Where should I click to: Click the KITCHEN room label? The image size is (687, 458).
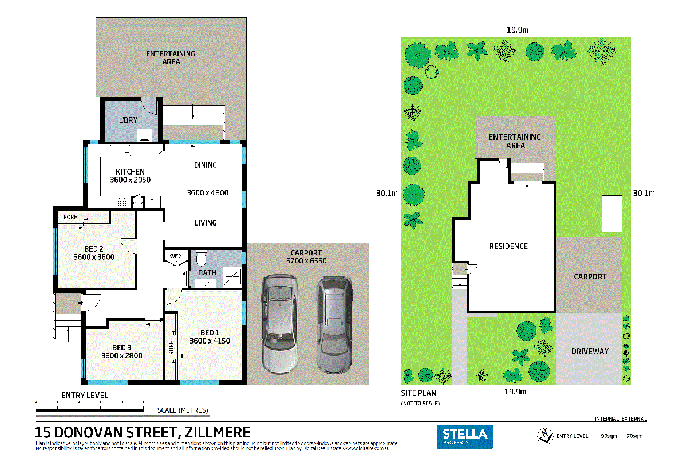click(130, 172)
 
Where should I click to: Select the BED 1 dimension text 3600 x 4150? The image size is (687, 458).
click(210, 341)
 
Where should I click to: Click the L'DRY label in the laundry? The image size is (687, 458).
click(128, 120)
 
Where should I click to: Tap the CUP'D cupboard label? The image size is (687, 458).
click(175, 256)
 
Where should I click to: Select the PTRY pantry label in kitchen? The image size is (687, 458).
click(138, 203)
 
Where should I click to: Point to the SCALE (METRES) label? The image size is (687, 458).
click(183, 410)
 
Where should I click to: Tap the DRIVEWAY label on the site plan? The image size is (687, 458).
click(590, 351)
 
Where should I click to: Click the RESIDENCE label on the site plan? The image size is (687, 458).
click(508, 246)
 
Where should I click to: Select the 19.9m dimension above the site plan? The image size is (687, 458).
click(516, 30)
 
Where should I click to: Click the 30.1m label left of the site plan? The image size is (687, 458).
click(386, 193)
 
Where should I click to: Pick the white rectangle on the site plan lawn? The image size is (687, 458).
click(611, 213)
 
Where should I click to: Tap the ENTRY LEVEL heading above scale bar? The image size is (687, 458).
click(85, 396)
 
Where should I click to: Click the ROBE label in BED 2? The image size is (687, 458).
click(70, 218)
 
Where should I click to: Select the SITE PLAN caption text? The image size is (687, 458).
click(418, 393)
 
